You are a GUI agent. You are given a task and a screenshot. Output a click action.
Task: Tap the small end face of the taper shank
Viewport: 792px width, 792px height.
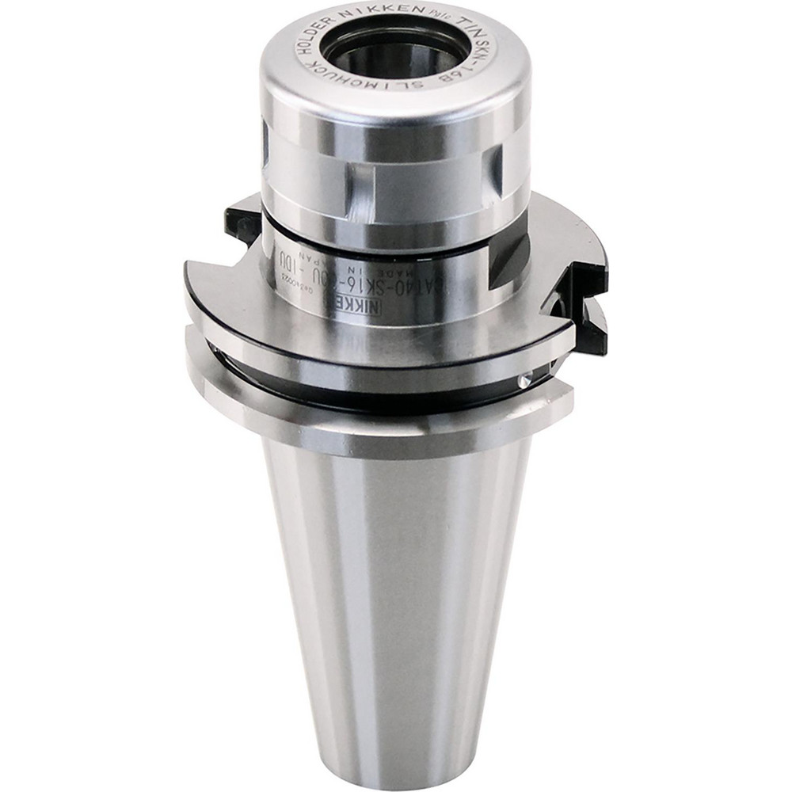(396, 772)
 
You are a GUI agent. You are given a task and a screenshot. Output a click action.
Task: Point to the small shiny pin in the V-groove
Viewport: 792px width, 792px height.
(524, 383)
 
